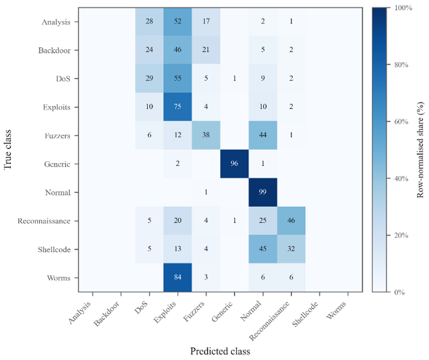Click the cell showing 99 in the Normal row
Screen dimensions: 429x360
(263, 192)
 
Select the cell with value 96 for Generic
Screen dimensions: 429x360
(235, 164)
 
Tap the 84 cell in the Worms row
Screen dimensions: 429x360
(178, 277)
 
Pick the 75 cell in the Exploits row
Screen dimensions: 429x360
(178, 107)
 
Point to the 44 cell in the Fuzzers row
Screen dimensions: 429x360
(263, 135)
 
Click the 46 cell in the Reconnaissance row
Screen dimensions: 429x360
(291, 221)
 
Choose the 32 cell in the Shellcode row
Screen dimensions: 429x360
(291, 249)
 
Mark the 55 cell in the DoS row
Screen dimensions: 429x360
(178, 78)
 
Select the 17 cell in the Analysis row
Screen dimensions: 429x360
(206, 22)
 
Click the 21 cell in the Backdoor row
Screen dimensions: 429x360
(206, 50)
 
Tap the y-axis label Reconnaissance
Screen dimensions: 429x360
(44, 221)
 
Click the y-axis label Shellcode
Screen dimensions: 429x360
(54, 250)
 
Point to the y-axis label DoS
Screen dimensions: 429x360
(63, 79)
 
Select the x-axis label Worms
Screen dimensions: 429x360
(336, 310)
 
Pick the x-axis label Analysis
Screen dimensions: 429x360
(80, 313)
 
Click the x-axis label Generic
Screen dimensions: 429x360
(222, 311)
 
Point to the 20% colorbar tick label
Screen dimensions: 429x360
(401, 235)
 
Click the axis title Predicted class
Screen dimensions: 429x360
(220, 351)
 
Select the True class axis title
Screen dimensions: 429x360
(8, 150)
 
